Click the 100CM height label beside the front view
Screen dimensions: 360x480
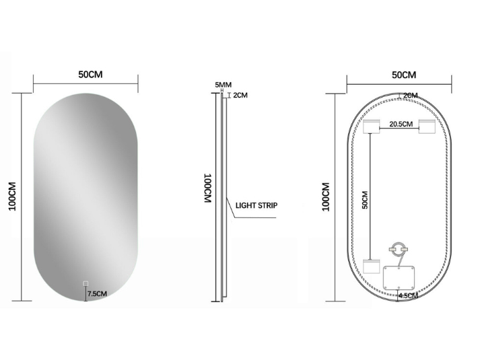point(12,196)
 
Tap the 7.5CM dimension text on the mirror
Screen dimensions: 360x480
point(97,293)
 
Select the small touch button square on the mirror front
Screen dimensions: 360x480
point(85,283)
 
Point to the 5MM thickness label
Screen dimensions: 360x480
point(223,85)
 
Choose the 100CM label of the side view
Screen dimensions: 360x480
point(208,188)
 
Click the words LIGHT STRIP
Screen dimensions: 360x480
point(256,205)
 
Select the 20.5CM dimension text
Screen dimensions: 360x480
point(401,124)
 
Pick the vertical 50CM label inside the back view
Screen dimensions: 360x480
point(365,199)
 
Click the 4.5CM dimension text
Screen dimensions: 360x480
point(408,295)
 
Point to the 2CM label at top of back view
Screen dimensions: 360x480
point(410,96)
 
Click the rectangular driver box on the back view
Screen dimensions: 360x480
point(400,277)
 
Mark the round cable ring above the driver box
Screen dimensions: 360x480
point(397,249)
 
